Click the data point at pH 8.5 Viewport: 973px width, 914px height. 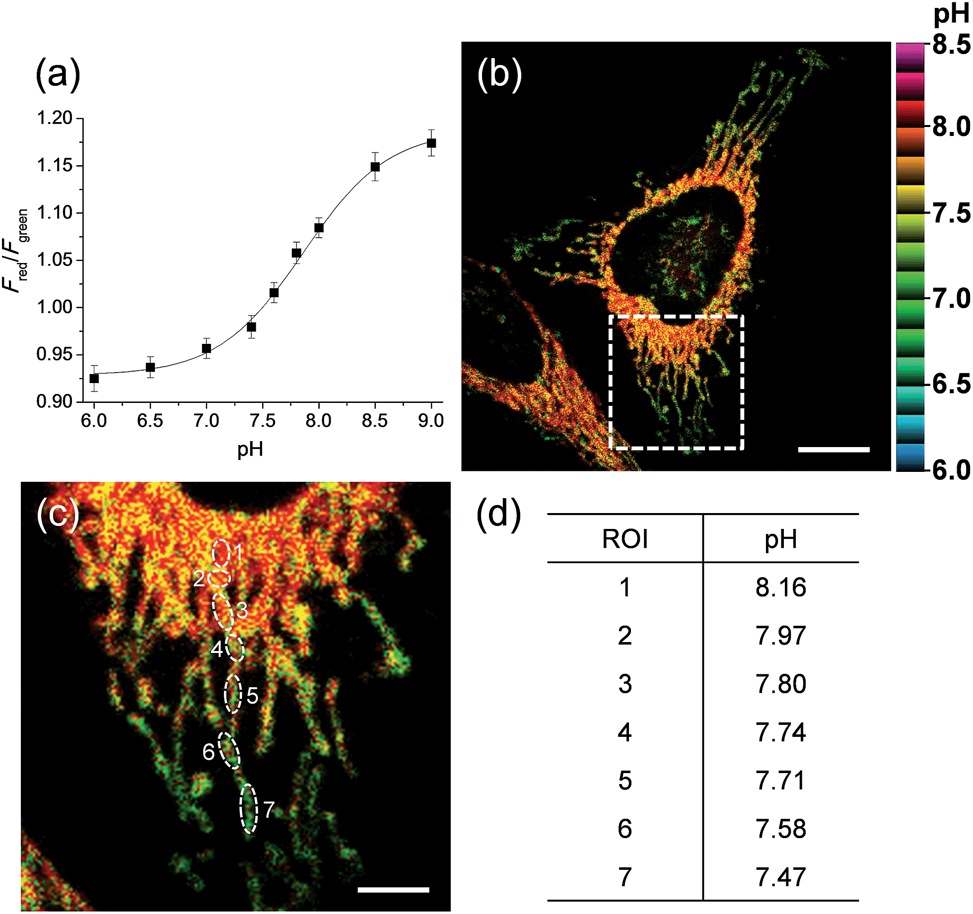coord(375,167)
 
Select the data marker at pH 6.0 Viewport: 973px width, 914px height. coord(94,378)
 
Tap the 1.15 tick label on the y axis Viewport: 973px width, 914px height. coord(55,165)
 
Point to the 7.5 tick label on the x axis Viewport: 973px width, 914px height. coord(262,421)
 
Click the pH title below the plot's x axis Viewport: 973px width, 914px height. coord(250,450)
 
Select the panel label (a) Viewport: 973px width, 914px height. coord(58,74)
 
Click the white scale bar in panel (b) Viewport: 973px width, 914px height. coord(834,450)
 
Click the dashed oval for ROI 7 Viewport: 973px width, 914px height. coord(248,808)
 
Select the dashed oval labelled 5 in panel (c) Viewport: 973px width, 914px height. coord(233,694)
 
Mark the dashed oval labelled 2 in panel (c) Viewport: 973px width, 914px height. coord(219,578)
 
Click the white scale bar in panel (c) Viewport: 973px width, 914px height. coord(393,890)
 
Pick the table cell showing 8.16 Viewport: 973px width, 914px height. coord(780,588)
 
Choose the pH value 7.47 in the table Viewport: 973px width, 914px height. coord(780,877)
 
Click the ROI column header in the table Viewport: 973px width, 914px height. coord(625,539)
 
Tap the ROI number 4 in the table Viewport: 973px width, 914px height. coord(625,732)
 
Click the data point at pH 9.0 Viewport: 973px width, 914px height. coord(431,143)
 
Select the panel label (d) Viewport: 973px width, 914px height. coord(498,514)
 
